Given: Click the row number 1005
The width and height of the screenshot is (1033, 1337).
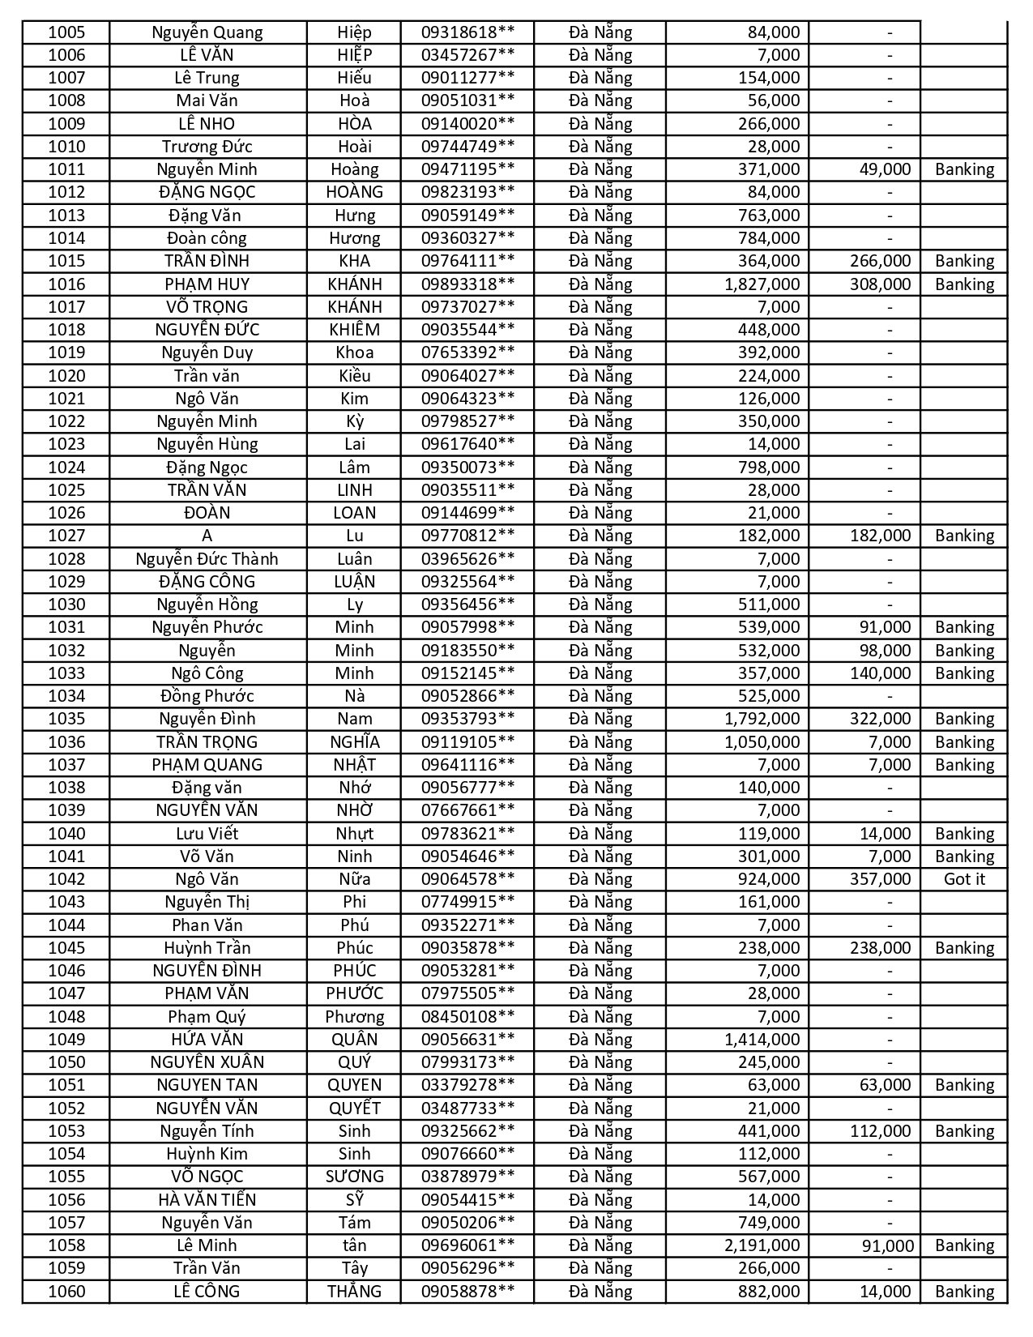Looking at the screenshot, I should tap(66, 32).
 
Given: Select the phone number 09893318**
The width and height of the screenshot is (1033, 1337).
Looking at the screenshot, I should tap(467, 284).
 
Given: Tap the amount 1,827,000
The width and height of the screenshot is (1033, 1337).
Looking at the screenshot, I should tap(762, 284).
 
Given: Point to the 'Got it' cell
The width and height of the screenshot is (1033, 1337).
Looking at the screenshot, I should tap(964, 879).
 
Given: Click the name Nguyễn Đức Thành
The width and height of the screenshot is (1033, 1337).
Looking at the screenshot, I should tap(207, 559).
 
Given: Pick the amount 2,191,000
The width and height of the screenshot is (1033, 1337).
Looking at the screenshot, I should tap(762, 1245).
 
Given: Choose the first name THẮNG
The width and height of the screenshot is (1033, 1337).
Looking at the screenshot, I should tap(354, 1292).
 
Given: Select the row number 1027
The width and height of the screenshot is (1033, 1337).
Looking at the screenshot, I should tap(66, 536).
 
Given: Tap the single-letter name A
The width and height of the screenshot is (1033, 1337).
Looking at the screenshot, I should tap(207, 536).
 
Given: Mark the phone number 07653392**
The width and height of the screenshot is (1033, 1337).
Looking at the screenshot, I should tap(467, 352).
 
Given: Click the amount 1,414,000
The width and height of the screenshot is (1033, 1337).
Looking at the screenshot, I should tap(762, 1040).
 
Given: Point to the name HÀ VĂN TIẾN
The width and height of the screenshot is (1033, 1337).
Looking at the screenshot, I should tap(207, 1200).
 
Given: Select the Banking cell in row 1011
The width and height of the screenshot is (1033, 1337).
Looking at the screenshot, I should tap(964, 169).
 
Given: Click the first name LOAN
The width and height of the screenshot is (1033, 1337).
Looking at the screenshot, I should tap(354, 513).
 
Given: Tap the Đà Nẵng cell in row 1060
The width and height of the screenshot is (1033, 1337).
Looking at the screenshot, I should tap(600, 1292).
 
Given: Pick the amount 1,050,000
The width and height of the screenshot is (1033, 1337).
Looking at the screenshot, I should tap(762, 742).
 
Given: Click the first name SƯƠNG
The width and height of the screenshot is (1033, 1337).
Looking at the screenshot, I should tap(354, 1177).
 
